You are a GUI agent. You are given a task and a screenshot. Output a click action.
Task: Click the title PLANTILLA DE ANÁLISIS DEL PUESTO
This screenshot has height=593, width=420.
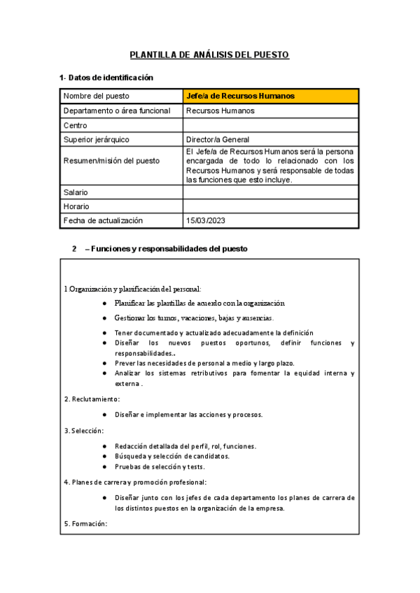209,55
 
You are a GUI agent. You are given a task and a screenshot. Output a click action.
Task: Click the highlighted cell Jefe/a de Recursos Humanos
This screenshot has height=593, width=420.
240,96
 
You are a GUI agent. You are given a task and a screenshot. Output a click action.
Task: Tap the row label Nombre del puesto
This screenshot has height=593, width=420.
97,96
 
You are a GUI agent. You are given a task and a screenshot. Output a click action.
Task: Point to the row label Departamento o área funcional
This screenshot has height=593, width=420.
116,110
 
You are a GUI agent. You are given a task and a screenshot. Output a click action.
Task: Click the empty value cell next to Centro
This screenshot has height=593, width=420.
271,125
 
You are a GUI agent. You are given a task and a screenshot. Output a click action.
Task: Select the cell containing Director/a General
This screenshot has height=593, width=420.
218,140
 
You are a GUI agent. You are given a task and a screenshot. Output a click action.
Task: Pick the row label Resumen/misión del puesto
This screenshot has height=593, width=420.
111,161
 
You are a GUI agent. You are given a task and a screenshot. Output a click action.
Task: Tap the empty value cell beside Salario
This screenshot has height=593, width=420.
271,192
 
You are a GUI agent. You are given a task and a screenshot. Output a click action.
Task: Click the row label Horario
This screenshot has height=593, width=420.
76,206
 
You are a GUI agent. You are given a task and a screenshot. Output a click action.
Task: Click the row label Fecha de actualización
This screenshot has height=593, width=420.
103,221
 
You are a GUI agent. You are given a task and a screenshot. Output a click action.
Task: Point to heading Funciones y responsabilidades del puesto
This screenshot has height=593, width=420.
165,249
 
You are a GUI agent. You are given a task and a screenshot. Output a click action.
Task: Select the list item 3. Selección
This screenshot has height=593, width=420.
84,430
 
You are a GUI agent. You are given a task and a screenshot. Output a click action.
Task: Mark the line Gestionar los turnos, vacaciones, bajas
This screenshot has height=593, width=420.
194,317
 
